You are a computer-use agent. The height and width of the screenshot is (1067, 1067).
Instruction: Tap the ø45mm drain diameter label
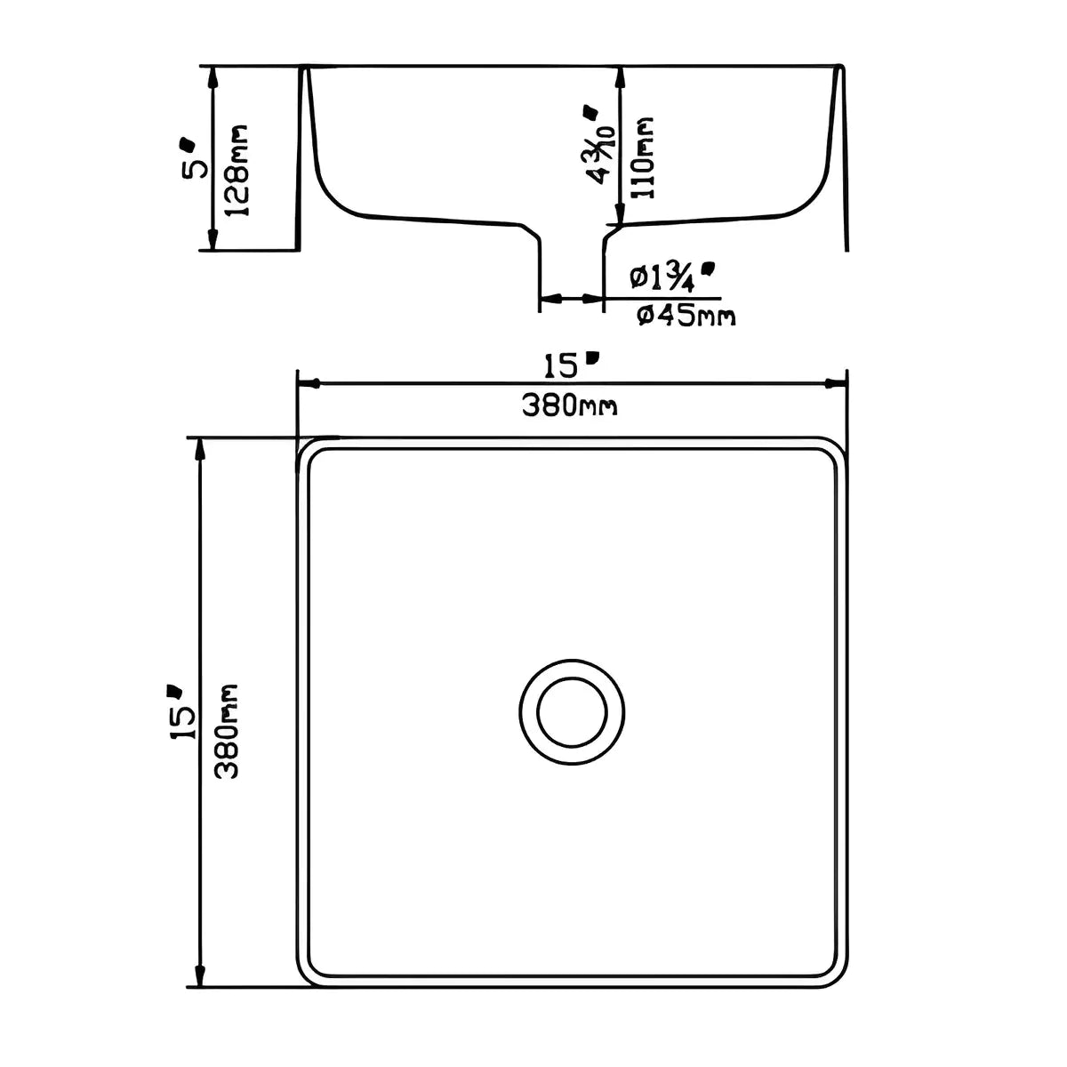coord(686,316)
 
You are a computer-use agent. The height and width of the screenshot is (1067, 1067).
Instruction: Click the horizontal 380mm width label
coord(569,406)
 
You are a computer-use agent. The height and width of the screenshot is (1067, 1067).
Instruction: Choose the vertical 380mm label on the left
coord(227,731)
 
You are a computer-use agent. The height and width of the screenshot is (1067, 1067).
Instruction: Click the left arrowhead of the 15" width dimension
coord(308,384)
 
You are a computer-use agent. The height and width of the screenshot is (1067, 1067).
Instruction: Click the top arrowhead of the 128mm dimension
coord(212,76)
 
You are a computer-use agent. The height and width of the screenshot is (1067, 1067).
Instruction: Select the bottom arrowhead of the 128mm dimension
coord(212,240)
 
